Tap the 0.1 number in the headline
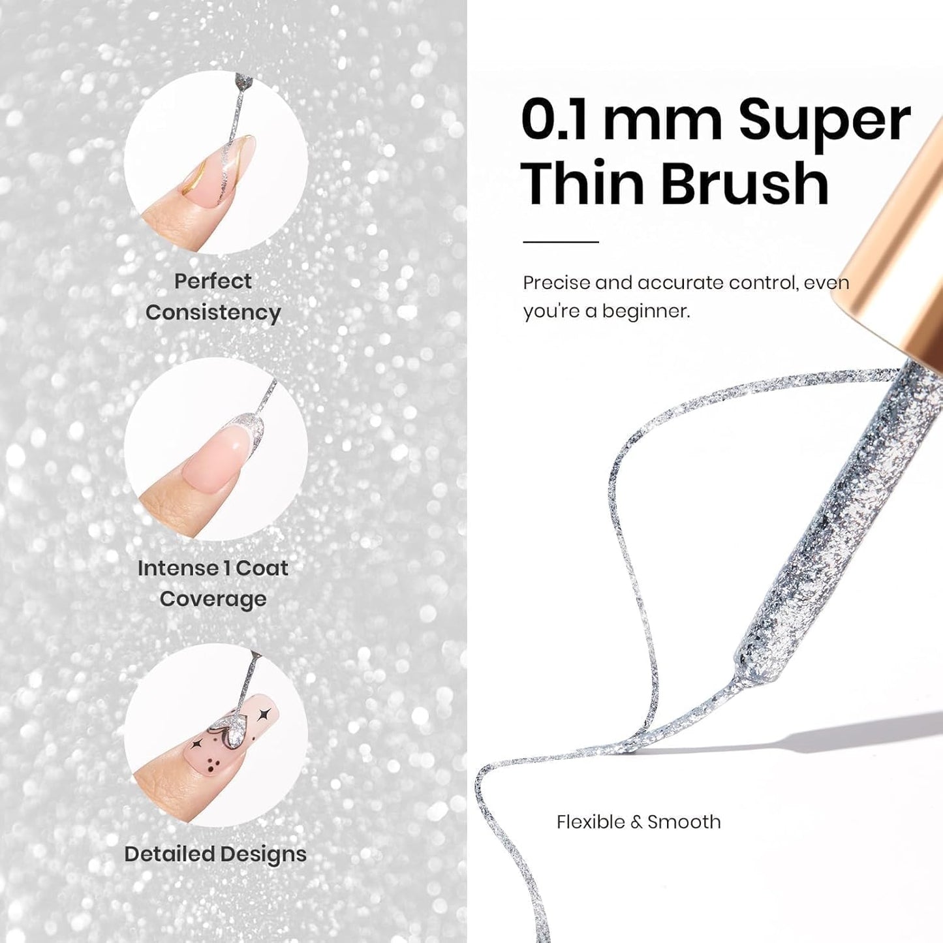pos(554,120)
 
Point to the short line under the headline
pos(561,242)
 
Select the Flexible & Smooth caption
pos(638,822)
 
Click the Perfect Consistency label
pos(213,297)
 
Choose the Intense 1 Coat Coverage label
pos(213,583)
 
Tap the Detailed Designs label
pos(215,854)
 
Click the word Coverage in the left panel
pos(213,599)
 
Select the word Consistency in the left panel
pos(213,313)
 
